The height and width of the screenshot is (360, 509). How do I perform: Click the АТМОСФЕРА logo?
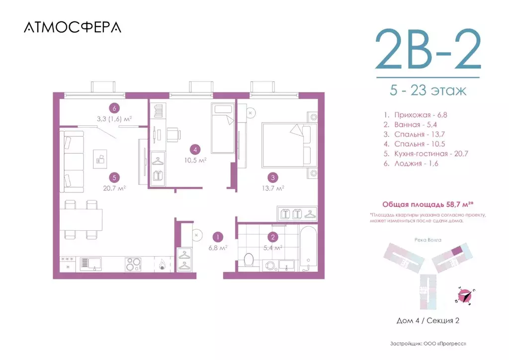pos(72,27)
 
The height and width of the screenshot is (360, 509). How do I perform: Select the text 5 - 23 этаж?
pos(428,91)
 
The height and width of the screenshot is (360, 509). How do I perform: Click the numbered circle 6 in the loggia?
pos(115,108)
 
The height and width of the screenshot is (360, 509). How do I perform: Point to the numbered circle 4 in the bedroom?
pos(196,149)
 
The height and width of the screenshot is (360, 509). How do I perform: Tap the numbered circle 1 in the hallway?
pos(217,237)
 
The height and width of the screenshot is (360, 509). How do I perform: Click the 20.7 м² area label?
pos(115,188)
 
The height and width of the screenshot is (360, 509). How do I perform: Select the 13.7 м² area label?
pos(273,188)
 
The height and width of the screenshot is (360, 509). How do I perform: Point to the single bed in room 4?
pos(222,128)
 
